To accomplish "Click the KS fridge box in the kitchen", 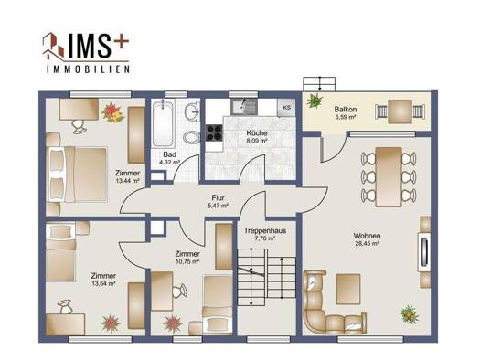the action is click(286, 108).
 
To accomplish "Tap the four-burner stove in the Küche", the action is click(214, 132).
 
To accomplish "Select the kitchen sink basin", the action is click(244, 106).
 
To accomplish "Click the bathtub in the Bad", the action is click(163, 124).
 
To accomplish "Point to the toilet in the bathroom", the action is click(191, 137).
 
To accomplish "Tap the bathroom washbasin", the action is click(193, 111).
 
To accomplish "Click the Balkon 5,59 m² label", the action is click(346, 112).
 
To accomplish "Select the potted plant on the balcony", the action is click(315, 100).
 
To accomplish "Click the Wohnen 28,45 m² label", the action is click(367, 239).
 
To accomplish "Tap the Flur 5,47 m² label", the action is click(218, 202).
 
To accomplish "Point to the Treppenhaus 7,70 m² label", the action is click(265, 234).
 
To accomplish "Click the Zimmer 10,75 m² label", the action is click(187, 258).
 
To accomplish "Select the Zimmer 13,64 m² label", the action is click(103, 279).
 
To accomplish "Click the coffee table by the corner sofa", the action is click(348, 289).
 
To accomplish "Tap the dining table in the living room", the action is click(389, 176).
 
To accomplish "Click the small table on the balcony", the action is click(400, 111).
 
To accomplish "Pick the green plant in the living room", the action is click(410, 314).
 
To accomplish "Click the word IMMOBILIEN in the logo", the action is click(88, 69).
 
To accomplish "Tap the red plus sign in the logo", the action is click(122, 41).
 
